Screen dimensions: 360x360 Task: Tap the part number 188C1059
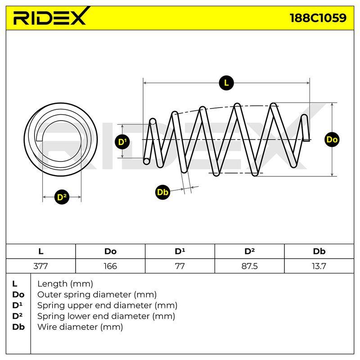(x=318, y=18)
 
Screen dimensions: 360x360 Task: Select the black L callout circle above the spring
(x=226, y=83)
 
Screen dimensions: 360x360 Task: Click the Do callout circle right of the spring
(x=332, y=139)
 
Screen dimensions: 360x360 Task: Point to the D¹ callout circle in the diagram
(x=122, y=142)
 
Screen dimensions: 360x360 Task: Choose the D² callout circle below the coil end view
(x=62, y=197)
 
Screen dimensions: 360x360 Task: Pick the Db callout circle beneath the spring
(x=162, y=192)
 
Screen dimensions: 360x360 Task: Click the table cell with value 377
(x=40, y=266)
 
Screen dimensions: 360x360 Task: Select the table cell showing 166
(x=110, y=266)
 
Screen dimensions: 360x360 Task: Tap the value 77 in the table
(x=180, y=266)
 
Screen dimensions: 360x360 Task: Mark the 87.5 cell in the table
(x=250, y=266)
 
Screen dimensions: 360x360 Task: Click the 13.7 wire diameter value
(x=319, y=266)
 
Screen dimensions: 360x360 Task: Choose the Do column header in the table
(x=110, y=252)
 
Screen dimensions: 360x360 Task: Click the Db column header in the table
(x=319, y=252)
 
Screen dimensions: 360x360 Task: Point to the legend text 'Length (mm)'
(x=65, y=284)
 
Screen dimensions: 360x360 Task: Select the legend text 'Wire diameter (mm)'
(x=80, y=327)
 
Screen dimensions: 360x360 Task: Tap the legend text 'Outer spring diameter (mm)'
(x=97, y=295)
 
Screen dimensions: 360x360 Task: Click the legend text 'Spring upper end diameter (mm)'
(x=107, y=306)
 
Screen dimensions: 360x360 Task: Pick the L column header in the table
(x=40, y=252)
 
